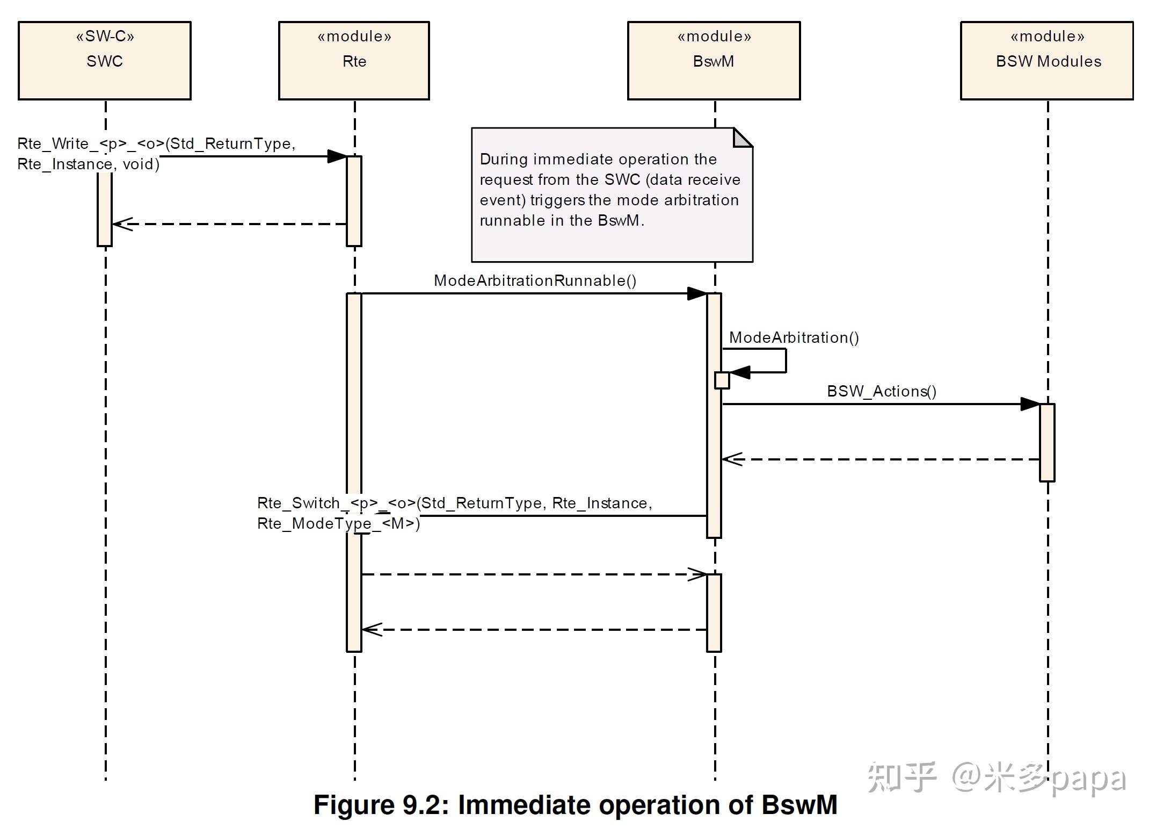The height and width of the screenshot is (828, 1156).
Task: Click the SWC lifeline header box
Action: coord(104,61)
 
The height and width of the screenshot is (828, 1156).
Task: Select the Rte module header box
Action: coord(354,61)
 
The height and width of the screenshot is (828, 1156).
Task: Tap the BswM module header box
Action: coord(714,61)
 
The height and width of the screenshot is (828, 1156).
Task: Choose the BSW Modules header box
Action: coord(1046,61)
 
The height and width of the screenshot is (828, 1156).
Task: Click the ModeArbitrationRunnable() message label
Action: coord(535,280)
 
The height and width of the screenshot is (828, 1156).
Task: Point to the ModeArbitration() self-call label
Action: coord(794,337)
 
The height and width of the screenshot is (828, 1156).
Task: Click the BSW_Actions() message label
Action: coord(881,391)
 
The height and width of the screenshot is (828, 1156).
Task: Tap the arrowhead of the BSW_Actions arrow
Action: coord(1030,404)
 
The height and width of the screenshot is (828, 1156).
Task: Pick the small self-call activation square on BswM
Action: coord(722,380)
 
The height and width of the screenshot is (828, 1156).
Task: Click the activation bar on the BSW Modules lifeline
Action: coord(1047,442)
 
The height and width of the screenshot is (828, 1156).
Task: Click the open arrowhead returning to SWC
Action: coord(121,224)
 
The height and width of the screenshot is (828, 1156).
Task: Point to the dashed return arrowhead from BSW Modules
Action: coord(732,459)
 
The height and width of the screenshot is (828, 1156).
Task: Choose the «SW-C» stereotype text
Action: coord(105,37)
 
